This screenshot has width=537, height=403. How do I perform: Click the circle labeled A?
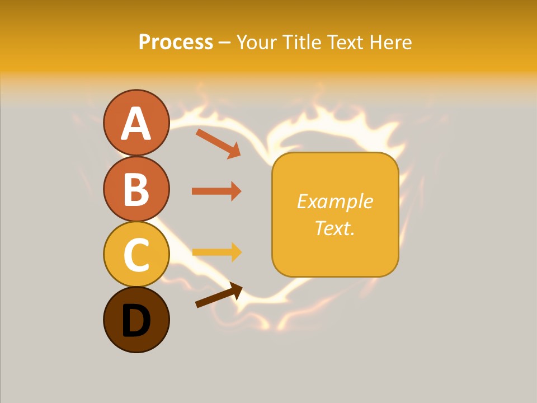pos(136,123)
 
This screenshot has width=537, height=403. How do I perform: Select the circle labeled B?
pos(136,189)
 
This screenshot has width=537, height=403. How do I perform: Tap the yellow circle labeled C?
pos(136,254)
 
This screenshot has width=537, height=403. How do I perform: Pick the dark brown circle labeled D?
pos(136,320)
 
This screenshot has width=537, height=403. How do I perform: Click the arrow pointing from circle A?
pos(218,143)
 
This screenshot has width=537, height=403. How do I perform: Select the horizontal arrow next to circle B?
pos(216,191)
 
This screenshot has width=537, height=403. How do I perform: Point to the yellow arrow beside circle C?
pos(216,252)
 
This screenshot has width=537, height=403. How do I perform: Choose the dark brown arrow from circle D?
pos(218,295)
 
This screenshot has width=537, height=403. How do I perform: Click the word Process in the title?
pos(176,42)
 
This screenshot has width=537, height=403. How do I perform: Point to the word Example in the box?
pos(335,201)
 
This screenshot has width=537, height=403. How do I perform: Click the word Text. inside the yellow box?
pos(335,228)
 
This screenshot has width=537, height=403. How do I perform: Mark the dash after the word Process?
pos(224,43)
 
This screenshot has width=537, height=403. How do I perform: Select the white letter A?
pos(136,124)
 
